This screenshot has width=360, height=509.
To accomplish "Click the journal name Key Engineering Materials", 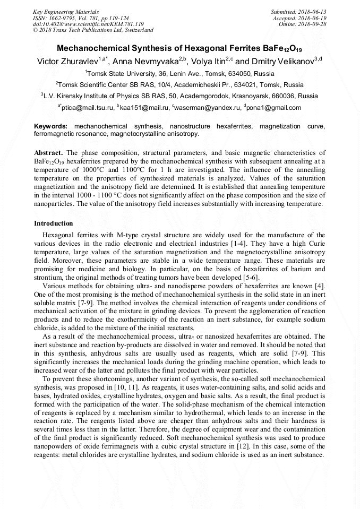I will (x=66, y=12).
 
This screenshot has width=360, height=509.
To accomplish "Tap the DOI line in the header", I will (x=88, y=24).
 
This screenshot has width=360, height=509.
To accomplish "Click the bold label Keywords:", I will (x=50, y=127).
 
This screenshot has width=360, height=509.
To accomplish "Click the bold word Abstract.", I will (x=48, y=152).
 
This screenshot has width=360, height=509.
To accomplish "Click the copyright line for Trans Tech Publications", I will (x=93, y=30).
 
